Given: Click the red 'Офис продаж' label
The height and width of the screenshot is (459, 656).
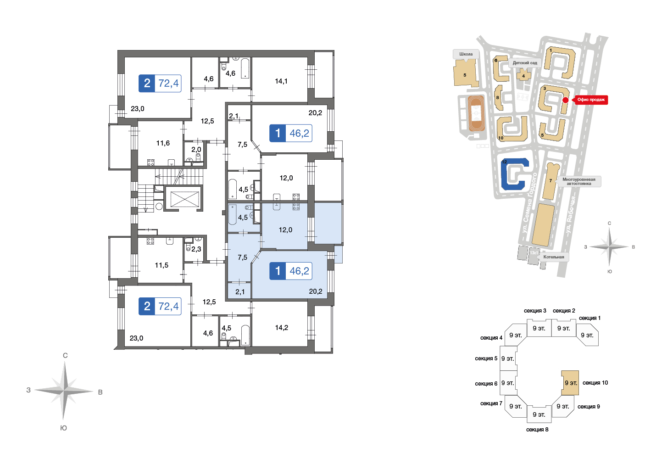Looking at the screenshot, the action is pyautogui.click(x=591, y=100).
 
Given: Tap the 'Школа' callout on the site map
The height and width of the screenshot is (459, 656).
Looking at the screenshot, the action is pyautogui.click(x=466, y=54).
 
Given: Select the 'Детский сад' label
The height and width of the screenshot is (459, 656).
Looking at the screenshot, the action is pyautogui.click(x=525, y=63).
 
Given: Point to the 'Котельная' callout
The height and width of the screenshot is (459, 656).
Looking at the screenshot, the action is pyautogui.click(x=554, y=257).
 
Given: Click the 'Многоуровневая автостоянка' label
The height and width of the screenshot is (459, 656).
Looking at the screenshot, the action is pyautogui.click(x=578, y=181).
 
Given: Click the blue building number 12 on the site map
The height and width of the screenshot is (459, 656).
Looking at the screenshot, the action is pyautogui.click(x=515, y=174).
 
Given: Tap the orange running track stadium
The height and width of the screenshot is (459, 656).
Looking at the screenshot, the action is pyautogui.click(x=476, y=113).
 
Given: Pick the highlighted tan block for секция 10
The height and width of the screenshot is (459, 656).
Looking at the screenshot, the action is pyautogui.click(x=570, y=383).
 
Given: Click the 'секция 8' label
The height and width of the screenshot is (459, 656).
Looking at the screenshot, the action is pyautogui.click(x=537, y=430).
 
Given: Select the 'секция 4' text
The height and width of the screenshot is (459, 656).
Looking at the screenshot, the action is pyautogui.click(x=491, y=338).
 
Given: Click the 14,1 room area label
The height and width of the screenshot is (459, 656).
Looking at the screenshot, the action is pyautogui.click(x=281, y=81).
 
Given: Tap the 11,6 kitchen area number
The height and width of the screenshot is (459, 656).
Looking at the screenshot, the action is pyautogui.click(x=163, y=143).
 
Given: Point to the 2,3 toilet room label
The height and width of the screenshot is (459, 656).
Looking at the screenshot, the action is pyautogui.click(x=196, y=249).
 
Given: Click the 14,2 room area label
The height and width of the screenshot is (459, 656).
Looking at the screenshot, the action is pyautogui.click(x=281, y=328).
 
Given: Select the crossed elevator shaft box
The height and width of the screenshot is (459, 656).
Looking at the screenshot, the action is pyautogui.click(x=184, y=199).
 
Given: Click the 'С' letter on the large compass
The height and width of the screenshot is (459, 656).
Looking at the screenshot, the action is pyautogui.click(x=65, y=356).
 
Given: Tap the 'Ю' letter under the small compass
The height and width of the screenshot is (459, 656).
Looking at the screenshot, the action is pyautogui.click(x=609, y=272).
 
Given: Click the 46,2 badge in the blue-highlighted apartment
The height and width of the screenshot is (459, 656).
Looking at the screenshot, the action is pyautogui.click(x=291, y=271).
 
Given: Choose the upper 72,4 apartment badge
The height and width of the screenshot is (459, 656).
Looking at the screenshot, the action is pyautogui.click(x=160, y=83).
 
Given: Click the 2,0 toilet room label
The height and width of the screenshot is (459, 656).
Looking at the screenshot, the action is pyautogui.click(x=196, y=150).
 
